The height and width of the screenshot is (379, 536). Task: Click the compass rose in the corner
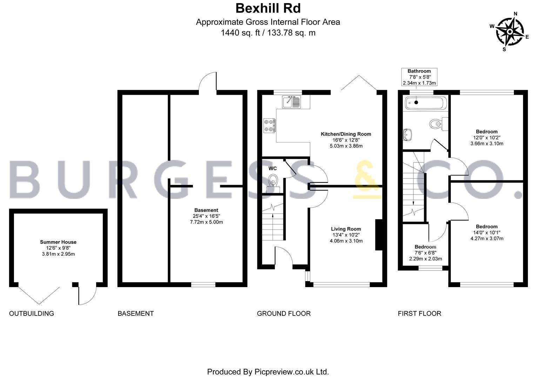510,32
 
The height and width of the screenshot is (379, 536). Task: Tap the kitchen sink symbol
291,102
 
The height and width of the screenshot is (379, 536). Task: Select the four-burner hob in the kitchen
269,126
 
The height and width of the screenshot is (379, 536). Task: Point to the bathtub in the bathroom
426,103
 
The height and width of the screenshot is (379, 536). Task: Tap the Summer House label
58,242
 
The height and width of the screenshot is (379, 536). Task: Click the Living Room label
346,229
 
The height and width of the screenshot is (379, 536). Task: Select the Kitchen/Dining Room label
346,134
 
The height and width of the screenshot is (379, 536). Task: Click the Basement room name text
206,210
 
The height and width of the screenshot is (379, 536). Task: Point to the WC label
273,168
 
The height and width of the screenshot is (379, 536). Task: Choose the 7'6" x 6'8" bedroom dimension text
426,253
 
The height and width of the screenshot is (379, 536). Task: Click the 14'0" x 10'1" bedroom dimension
487,233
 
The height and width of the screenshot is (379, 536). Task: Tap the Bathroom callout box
419,77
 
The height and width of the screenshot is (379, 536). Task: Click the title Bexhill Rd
268,8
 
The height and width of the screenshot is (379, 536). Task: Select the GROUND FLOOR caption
284,313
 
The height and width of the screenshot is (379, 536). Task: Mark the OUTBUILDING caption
32,313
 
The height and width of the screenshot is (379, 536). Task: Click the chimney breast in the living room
379,235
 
